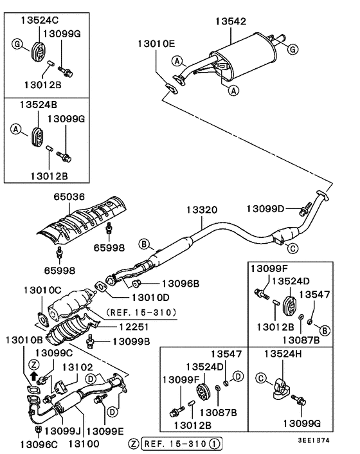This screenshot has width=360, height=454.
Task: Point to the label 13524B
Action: (30, 104)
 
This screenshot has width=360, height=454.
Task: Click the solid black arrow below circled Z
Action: (34, 377)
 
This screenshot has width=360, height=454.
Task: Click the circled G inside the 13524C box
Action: (17, 43)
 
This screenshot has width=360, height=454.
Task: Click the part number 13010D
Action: (150, 297)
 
